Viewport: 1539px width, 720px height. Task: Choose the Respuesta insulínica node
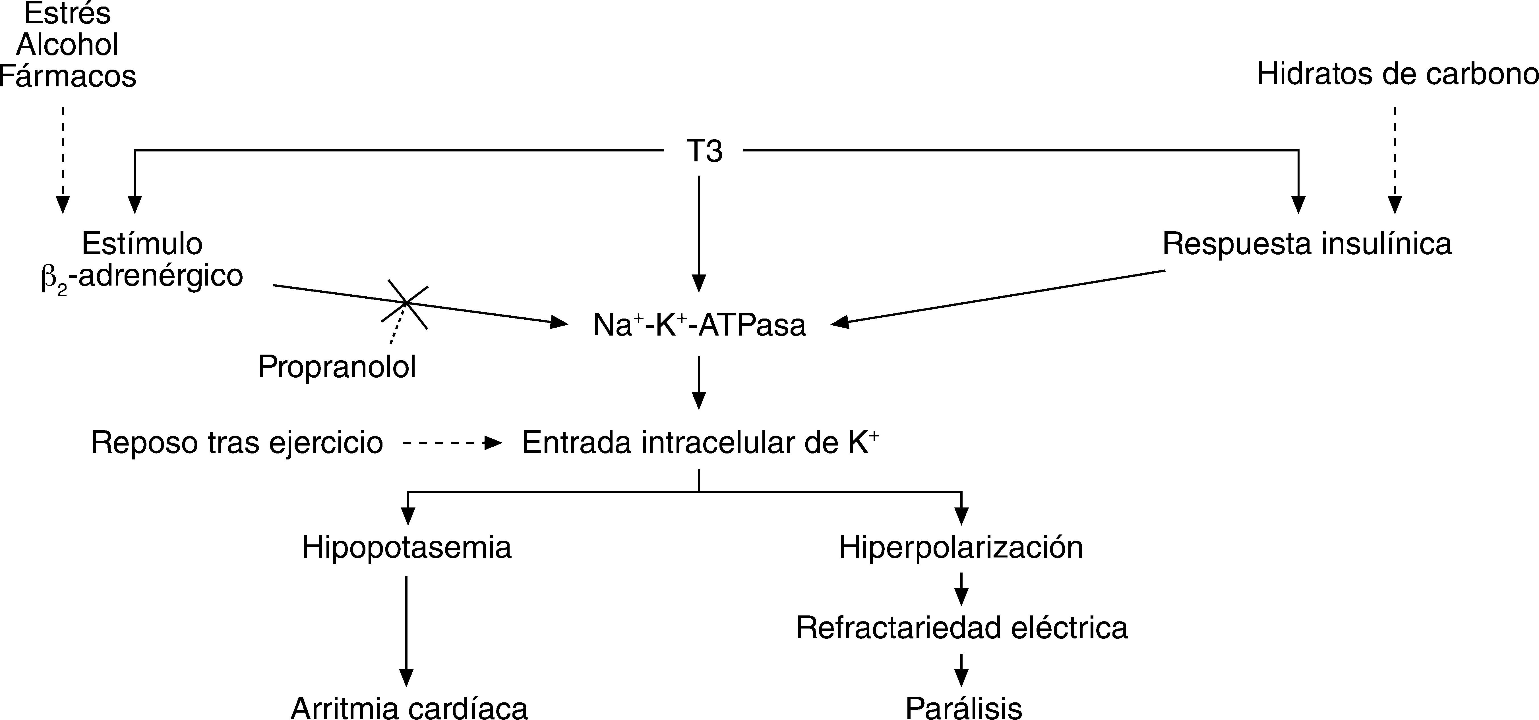pos(1307,244)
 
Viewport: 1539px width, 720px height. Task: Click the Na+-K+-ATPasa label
pos(699,325)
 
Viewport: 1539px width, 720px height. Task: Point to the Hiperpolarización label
pos(961,548)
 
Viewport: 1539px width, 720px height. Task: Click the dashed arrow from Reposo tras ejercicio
pos(451,443)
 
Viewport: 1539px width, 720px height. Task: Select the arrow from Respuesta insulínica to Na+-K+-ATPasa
pos(998,297)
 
